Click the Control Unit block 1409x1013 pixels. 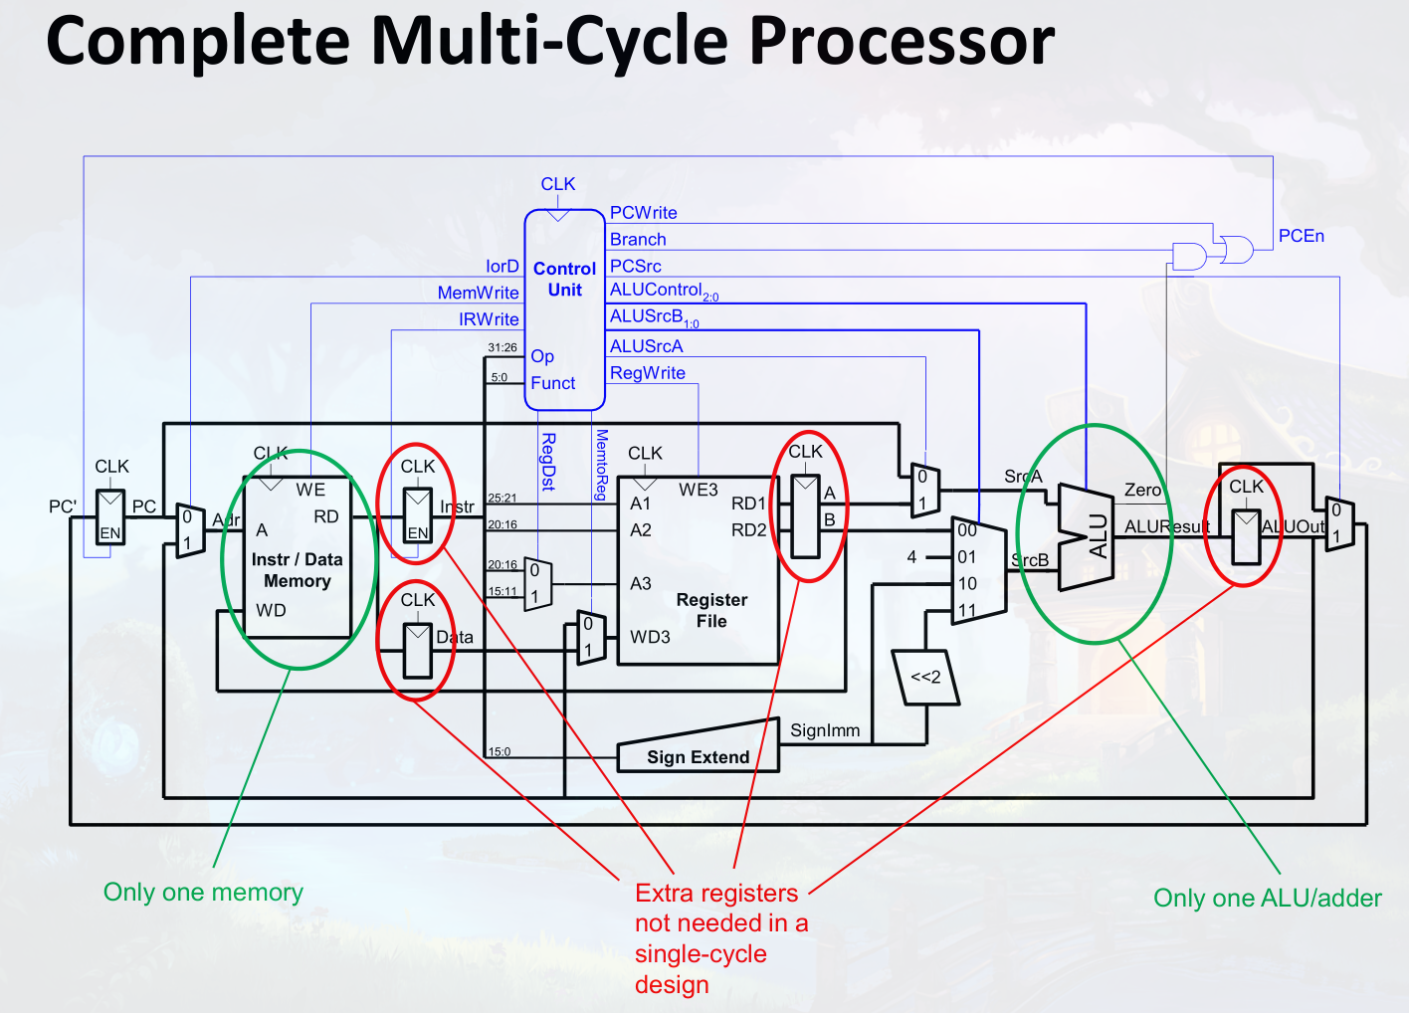point(564,308)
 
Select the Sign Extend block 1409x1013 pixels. point(698,756)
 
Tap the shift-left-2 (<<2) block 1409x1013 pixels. point(925,678)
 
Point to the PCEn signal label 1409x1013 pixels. point(1301,236)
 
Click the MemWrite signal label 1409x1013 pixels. point(478,293)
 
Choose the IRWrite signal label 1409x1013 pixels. point(489,319)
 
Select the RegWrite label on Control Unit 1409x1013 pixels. point(647,373)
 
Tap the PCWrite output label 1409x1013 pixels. point(643,213)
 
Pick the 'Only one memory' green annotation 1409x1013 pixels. point(203,893)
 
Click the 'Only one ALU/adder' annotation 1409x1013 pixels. point(1267,899)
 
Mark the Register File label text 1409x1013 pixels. point(711,610)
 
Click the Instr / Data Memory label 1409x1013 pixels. point(297,570)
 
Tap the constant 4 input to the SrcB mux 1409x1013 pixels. point(911,557)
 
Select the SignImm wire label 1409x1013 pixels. point(824,730)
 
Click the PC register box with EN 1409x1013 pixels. point(110,516)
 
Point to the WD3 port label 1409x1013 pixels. point(650,637)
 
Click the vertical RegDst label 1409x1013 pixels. point(547,462)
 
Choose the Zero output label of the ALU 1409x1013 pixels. point(1142,490)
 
